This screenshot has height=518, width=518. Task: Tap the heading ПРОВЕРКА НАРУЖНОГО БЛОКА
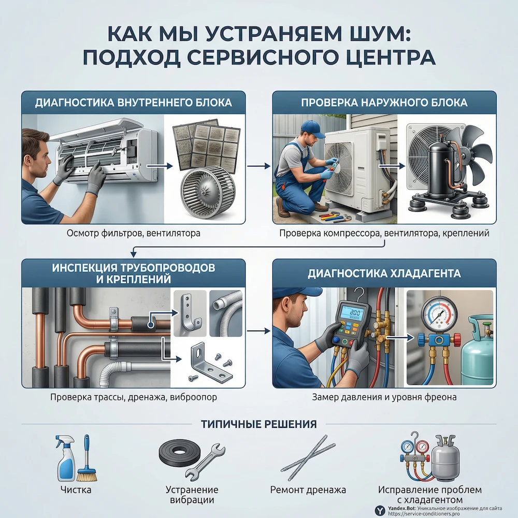point(384,102)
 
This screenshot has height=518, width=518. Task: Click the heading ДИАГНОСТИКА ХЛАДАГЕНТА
point(384,272)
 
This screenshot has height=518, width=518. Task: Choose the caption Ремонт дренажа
point(308,490)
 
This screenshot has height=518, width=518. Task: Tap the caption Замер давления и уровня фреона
point(384,398)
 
